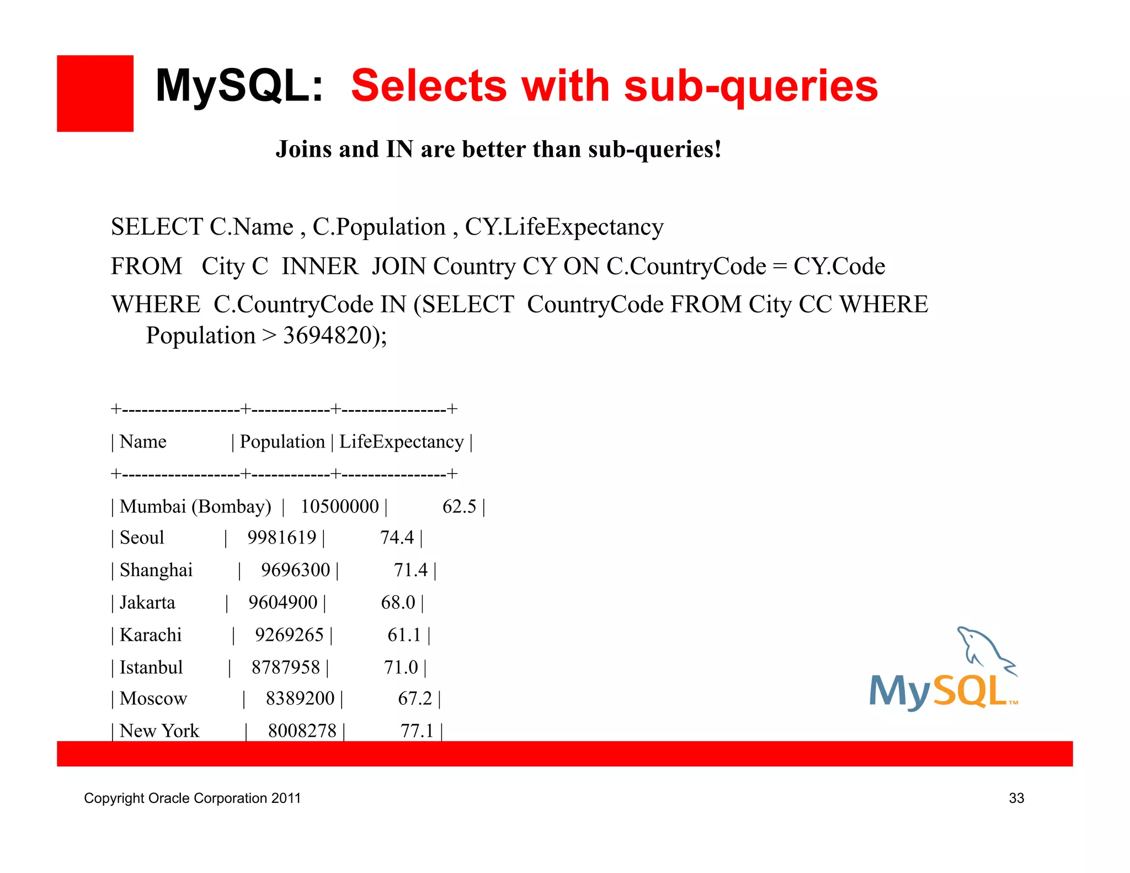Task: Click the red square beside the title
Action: point(95,93)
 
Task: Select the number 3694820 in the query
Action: point(327,336)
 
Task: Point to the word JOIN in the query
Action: point(399,267)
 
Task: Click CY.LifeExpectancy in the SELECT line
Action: point(564,227)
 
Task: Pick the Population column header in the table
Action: point(282,442)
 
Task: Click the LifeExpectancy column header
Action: point(401,442)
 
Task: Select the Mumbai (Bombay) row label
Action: point(195,507)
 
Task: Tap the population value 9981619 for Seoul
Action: point(281,537)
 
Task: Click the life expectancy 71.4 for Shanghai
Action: point(411,570)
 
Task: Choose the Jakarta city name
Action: point(147,603)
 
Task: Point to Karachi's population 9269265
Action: point(289,635)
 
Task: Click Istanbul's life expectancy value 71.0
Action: point(401,668)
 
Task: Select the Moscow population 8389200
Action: point(300,699)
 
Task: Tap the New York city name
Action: point(159,731)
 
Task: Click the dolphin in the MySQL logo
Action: point(983,648)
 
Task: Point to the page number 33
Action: point(1016,799)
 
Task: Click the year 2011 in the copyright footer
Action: point(286,799)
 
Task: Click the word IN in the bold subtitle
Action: point(399,150)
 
